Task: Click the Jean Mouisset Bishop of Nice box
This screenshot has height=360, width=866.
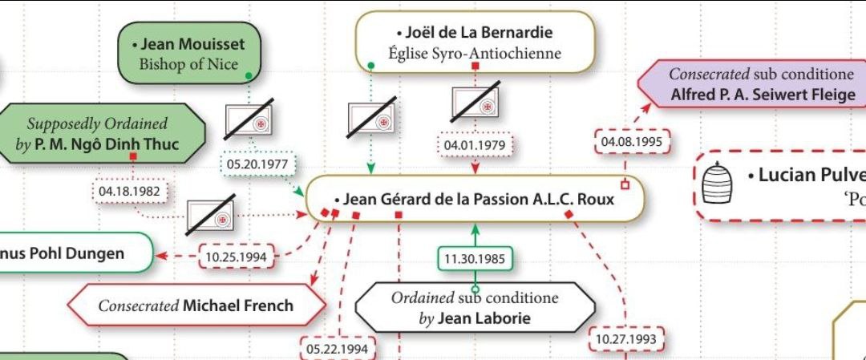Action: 189,53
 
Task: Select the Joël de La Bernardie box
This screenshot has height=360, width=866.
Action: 475,42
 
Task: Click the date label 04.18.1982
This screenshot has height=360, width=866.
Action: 129,192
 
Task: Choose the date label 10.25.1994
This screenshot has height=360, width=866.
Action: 236,257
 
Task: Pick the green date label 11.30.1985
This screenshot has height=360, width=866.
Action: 475,258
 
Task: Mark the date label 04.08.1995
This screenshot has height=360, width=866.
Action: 632,141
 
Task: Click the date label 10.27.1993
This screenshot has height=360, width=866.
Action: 627,338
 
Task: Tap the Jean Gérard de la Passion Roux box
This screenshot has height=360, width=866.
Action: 475,199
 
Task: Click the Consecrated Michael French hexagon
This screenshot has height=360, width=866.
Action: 197,305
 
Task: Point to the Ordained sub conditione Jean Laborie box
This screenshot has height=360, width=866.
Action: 475,308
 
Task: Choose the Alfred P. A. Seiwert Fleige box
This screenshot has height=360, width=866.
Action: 752,83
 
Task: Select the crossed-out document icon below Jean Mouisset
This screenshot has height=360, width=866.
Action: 249,119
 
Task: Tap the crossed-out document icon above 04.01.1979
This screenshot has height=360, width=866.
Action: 475,102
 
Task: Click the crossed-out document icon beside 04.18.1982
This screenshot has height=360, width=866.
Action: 210,216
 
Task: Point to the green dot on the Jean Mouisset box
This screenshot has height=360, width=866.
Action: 249,75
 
